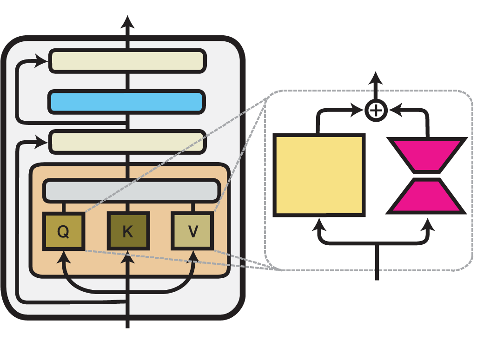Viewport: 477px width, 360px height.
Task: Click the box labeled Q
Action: tap(64, 231)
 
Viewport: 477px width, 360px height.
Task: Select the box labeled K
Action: tap(128, 231)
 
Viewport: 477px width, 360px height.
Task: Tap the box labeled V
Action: tap(192, 231)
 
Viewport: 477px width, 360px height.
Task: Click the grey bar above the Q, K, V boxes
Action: tap(132, 190)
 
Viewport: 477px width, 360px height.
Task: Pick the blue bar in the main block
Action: tap(127, 102)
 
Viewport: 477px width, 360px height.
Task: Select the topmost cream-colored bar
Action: tap(128, 61)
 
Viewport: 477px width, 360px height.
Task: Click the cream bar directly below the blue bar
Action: tap(128, 142)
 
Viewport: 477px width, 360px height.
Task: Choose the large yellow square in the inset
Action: tap(319, 175)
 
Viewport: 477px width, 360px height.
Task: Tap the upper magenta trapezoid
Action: tap(427, 155)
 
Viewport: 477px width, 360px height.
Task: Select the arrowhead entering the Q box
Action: tap(64, 255)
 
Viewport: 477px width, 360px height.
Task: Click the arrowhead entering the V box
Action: tap(192, 255)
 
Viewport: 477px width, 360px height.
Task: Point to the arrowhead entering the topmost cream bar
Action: tap(43, 60)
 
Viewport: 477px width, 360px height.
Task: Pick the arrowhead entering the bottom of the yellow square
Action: tap(319, 224)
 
